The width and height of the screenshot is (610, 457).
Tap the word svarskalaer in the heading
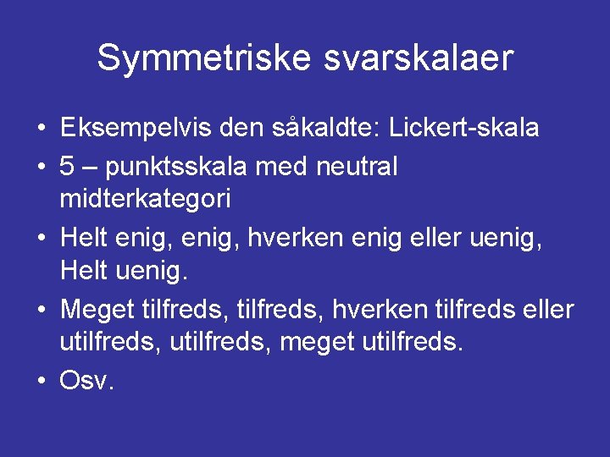[x=414, y=58]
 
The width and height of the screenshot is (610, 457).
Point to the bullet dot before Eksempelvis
[x=41, y=129]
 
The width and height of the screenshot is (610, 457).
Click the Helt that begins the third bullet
[x=86, y=237]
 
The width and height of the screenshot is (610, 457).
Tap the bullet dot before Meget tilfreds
[x=41, y=309]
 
